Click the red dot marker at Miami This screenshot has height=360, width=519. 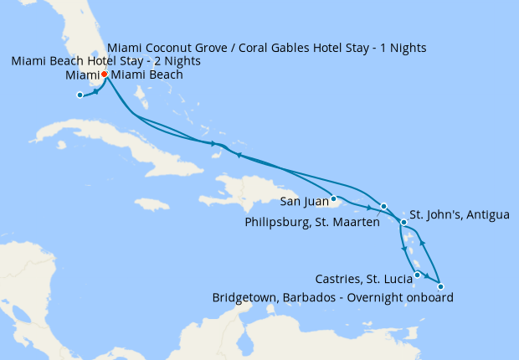[104, 75]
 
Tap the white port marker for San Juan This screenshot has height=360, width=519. [333, 198]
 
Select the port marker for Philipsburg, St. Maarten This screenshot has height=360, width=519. [383, 206]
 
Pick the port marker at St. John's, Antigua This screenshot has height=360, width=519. [403, 222]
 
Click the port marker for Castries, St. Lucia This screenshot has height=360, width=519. [417, 275]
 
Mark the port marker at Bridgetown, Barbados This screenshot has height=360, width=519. [440, 287]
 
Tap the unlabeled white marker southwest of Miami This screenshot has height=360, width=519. [80, 95]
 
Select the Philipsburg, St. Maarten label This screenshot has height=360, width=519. [310, 223]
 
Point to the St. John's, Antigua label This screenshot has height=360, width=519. [459, 215]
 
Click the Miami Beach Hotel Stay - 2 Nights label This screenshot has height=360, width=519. [105, 62]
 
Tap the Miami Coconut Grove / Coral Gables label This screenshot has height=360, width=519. [268, 48]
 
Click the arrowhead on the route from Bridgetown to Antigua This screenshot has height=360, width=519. [422, 243]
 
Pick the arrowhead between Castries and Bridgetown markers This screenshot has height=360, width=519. [429, 277]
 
